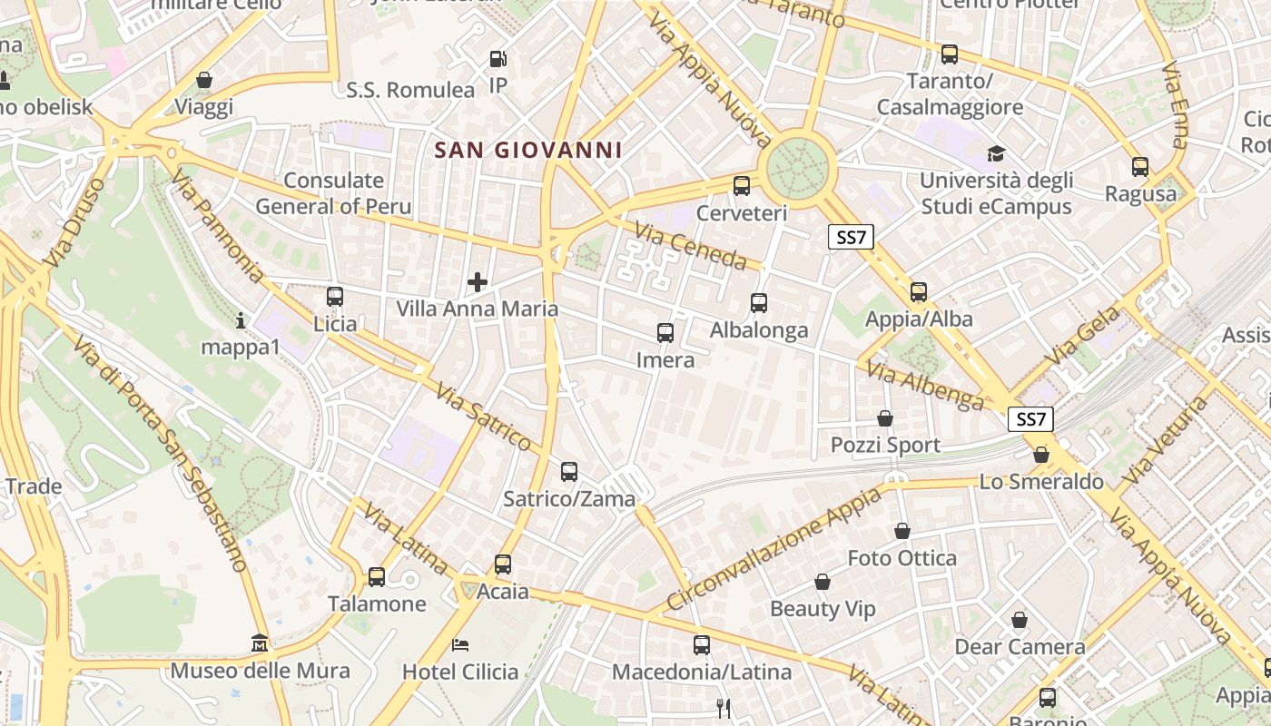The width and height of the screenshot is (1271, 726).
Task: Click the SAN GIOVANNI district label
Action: click(x=527, y=150)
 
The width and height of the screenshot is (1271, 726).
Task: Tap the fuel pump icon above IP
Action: click(x=498, y=59)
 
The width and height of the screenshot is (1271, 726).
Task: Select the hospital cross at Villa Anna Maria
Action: click(x=478, y=282)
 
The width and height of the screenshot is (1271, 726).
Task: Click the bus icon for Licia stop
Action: click(x=335, y=297)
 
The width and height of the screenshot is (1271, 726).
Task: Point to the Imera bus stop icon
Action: click(x=665, y=333)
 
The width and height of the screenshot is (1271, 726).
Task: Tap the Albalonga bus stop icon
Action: click(x=759, y=303)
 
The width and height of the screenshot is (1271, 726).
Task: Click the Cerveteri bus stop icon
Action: click(x=742, y=186)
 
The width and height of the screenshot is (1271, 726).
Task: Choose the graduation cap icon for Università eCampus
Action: click(x=997, y=153)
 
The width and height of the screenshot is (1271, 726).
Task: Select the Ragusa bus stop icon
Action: click(x=1140, y=167)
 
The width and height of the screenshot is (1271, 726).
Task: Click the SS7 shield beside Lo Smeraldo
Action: click(x=1031, y=420)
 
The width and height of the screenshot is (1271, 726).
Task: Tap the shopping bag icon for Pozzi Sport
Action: click(x=885, y=418)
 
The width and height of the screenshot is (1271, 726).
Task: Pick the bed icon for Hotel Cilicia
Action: click(x=460, y=645)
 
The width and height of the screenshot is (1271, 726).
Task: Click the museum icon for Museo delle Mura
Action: click(x=261, y=643)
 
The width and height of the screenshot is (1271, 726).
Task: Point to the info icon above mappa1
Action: click(x=241, y=320)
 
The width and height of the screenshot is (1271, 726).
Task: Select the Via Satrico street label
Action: click(x=483, y=417)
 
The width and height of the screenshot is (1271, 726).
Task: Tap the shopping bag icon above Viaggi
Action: click(x=204, y=80)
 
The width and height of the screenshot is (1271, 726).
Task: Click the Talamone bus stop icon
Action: click(x=376, y=576)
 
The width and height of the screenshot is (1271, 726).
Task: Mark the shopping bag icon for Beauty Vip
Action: click(x=823, y=582)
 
